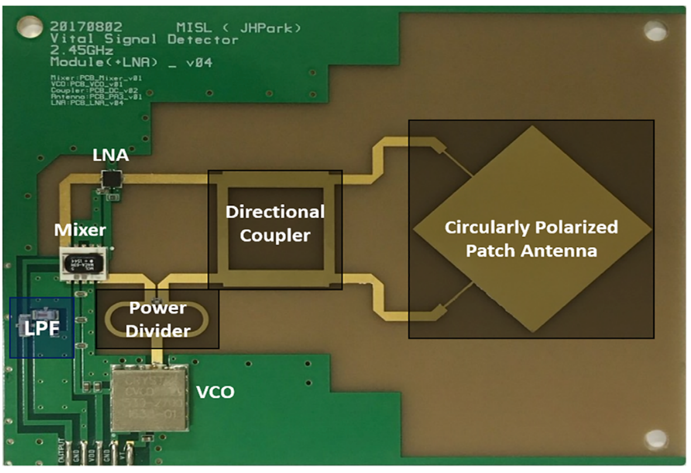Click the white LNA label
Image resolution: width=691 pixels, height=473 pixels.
[x=111, y=157]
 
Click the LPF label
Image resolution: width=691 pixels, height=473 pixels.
[x=41, y=327]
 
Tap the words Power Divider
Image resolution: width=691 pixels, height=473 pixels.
[x=159, y=320]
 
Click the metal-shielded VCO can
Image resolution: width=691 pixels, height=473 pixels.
[x=150, y=398]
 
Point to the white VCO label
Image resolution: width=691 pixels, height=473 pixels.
[x=215, y=392]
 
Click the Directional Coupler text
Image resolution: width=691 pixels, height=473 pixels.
[x=275, y=223]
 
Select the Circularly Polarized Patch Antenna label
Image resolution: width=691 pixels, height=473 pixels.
[x=531, y=239]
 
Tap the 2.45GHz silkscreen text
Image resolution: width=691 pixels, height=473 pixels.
[x=81, y=51]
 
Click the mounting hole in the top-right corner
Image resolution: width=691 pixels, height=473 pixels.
[x=655, y=31]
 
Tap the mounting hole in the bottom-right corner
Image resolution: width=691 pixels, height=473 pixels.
[x=656, y=438]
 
